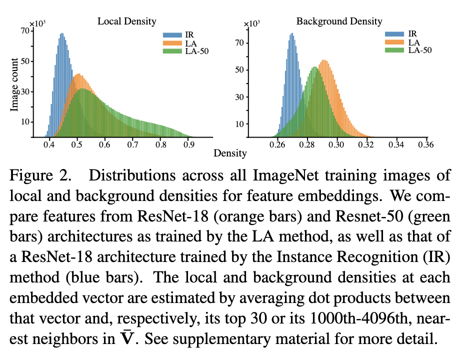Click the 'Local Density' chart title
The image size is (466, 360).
(x=126, y=21)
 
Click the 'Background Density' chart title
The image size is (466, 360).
(x=339, y=21)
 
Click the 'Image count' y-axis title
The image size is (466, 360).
(x=15, y=84)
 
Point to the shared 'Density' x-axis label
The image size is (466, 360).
(x=230, y=153)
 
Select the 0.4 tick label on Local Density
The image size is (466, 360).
(x=49, y=145)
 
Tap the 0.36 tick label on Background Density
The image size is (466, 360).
(x=426, y=145)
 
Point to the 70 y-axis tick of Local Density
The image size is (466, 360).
(x=24, y=31)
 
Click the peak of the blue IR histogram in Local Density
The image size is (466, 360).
(x=61, y=34)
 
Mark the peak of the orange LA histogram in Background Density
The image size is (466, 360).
(x=324, y=61)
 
